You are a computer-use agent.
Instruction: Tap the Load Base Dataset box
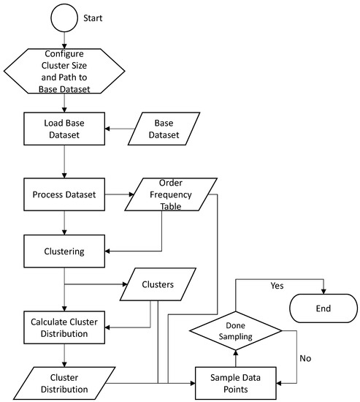point(64,129)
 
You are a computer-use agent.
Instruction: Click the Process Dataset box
point(64,195)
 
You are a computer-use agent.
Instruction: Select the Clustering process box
point(64,251)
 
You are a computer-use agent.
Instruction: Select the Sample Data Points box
point(239,382)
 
